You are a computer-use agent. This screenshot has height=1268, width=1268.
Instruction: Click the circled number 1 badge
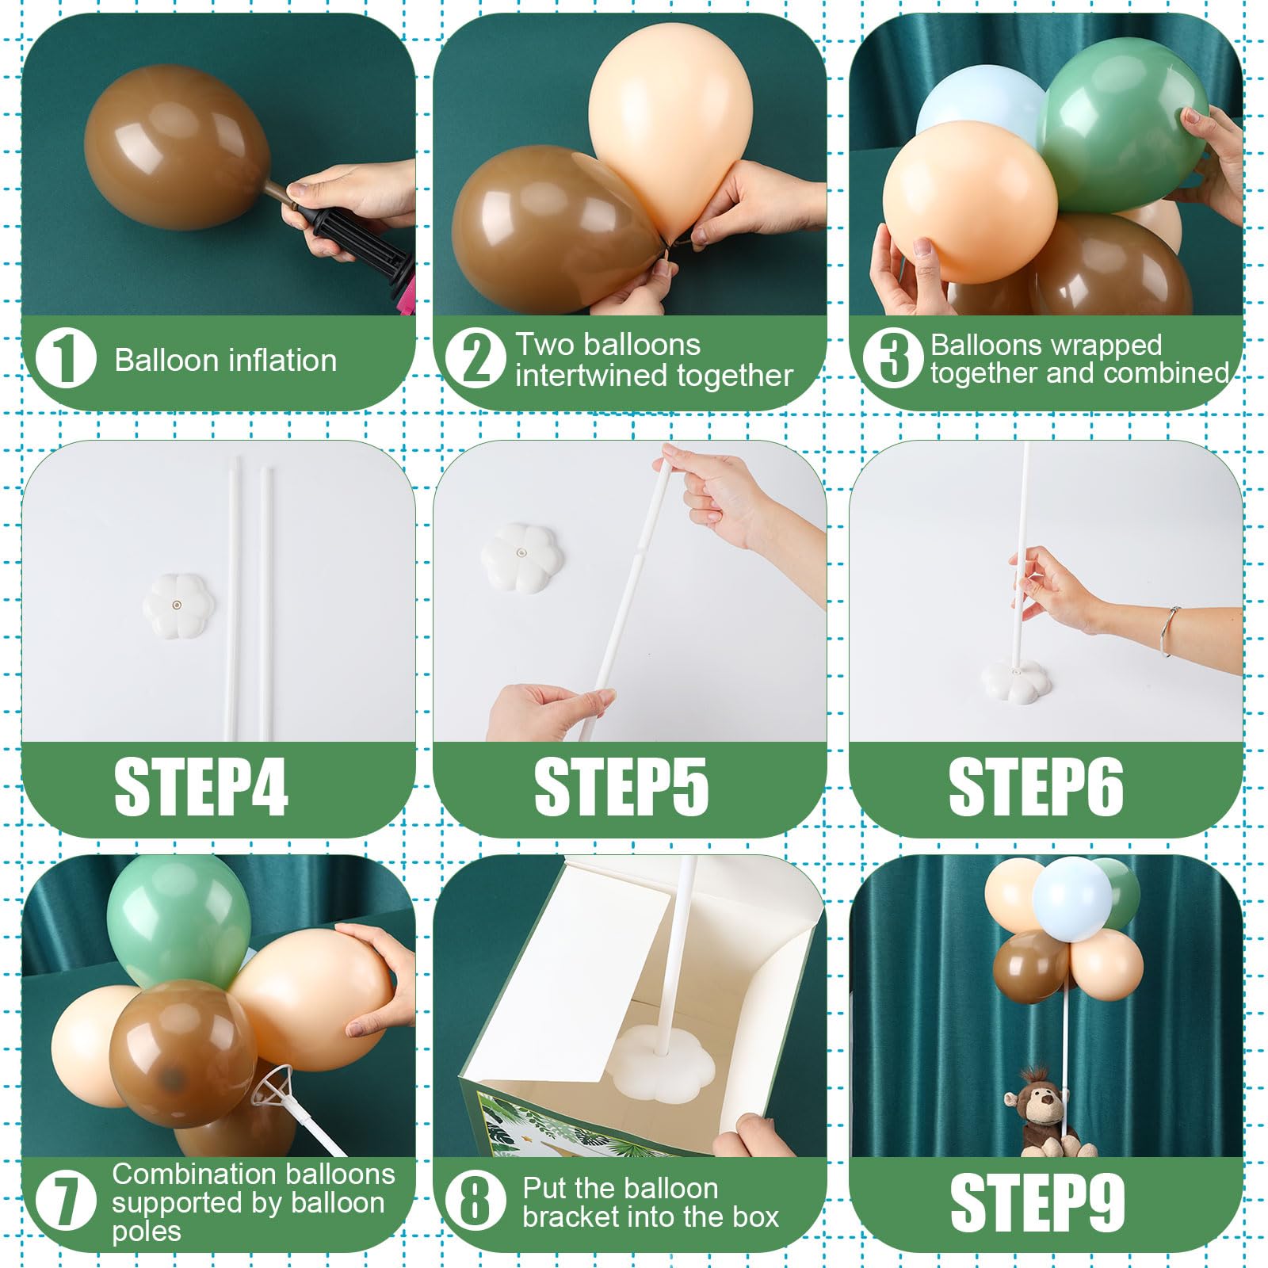67,360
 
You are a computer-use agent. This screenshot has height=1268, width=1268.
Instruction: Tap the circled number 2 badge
475,360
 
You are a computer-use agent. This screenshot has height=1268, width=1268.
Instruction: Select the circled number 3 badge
893,360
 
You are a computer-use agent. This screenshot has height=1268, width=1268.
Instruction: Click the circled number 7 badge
67,1201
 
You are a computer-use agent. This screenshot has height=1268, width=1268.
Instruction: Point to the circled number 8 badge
475,1201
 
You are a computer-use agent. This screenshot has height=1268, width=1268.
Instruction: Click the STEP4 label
201,787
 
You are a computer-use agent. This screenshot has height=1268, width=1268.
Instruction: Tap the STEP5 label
621,787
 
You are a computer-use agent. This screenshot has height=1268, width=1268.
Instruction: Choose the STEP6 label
1036,787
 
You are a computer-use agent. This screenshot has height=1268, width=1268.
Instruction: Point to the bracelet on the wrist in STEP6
1168,632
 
